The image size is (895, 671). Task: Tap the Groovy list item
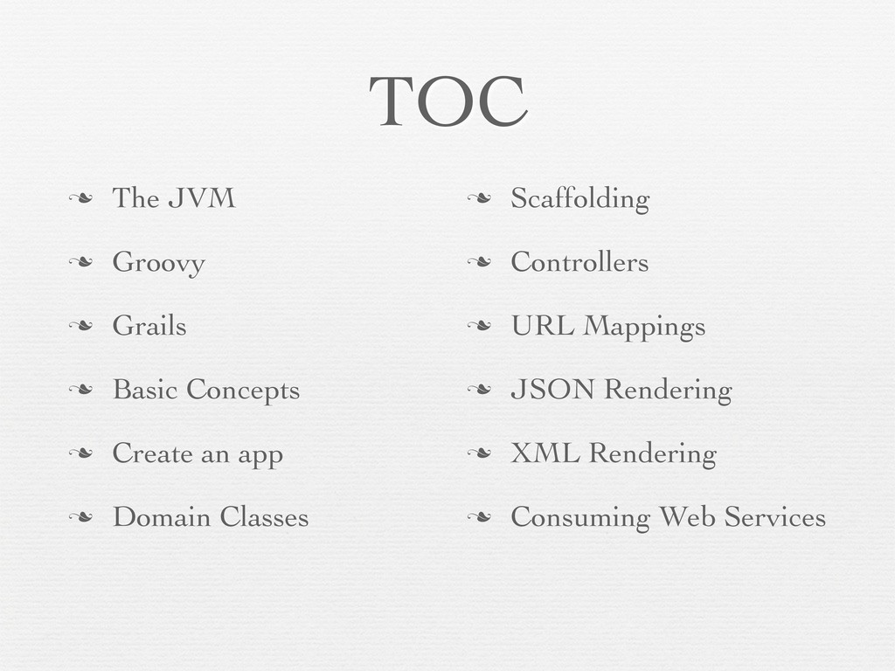(x=158, y=263)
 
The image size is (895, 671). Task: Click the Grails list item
(x=149, y=326)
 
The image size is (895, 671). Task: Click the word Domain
(x=162, y=517)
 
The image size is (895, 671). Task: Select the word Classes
(x=264, y=517)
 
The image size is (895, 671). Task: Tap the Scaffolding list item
(x=579, y=199)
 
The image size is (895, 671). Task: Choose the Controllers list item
(x=579, y=262)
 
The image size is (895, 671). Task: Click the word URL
(x=543, y=326)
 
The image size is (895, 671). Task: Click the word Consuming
(x=580, y=518)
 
